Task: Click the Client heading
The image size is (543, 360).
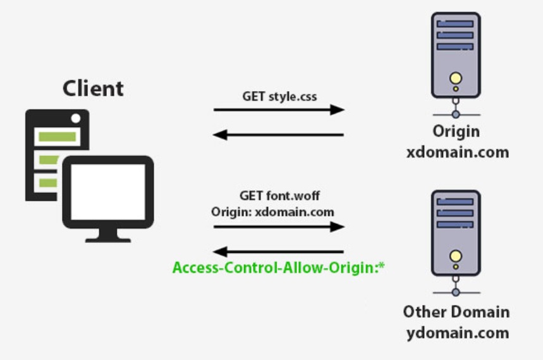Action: click(x=93, y=88)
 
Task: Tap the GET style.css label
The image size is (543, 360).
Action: click(x=279, y=97)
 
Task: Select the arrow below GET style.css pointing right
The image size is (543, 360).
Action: click(x=279, y=110)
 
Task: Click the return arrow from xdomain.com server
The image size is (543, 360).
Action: click(x=279, y=134)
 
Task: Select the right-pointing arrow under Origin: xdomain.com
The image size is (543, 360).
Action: click(x=279, y=227)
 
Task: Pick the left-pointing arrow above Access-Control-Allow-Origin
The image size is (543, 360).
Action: click(x=279, y=251)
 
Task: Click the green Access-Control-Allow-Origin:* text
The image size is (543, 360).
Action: click(x=279, y=268)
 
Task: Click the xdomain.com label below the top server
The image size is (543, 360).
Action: click(x=456, y=152)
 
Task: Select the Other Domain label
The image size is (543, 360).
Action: click(x=456, y=312)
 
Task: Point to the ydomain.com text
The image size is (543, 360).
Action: click(x=456, y=333)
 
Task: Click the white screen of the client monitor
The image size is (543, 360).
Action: click(x=108, y=190)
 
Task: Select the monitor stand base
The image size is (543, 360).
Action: click(x=108, y=239)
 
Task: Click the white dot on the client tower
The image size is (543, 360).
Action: click(x=76, y=118)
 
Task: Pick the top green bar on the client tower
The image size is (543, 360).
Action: click(x=57, y=136)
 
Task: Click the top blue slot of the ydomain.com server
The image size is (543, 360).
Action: click(x=455, y=202)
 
